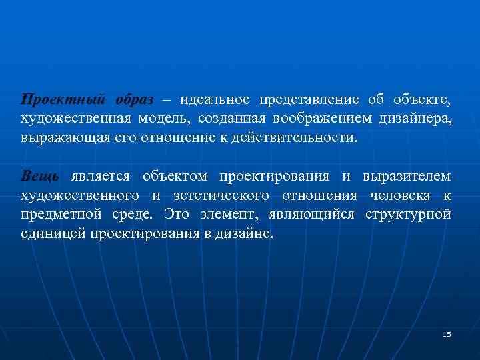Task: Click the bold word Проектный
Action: [62, 100]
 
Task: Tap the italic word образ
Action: [134, 100]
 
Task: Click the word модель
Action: [165, 119]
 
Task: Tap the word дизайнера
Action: [414, 119]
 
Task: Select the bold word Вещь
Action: [40, 177]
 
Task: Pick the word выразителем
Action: [407, 177]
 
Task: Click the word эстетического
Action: [222, 196]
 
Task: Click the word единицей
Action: [50, 235]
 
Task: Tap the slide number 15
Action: [447, 334]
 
